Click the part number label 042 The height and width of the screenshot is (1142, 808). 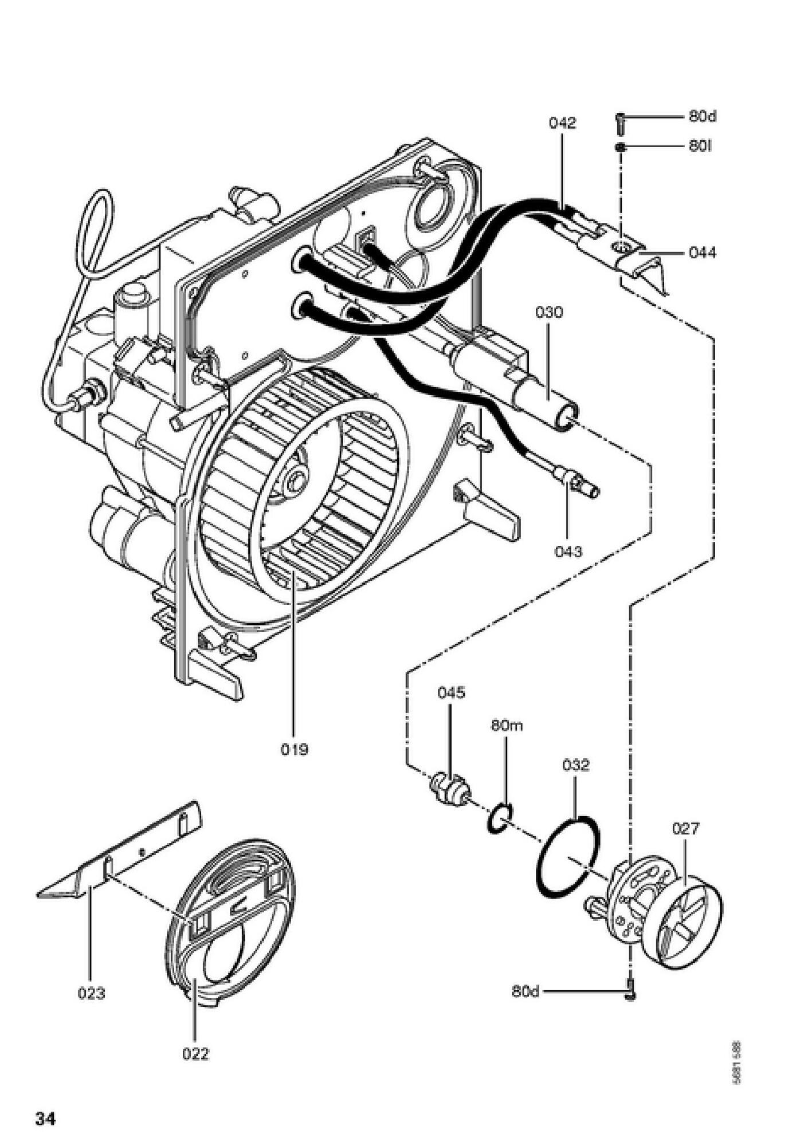562,123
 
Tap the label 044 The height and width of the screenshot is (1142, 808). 703,252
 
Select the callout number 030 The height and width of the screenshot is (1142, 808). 549,312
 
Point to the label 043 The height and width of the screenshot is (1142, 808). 568,551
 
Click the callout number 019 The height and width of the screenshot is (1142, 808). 294,749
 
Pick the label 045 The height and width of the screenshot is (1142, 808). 451,692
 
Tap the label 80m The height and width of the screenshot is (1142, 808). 507,726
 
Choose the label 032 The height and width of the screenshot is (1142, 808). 575,765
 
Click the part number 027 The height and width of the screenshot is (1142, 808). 686,828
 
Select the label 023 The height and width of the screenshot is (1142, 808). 92,993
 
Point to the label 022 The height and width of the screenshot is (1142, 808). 195,1053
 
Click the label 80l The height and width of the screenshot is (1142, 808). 700,146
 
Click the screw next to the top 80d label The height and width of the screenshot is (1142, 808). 621,121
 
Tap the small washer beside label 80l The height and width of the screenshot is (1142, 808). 620,147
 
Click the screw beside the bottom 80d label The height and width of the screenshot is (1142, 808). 630,991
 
